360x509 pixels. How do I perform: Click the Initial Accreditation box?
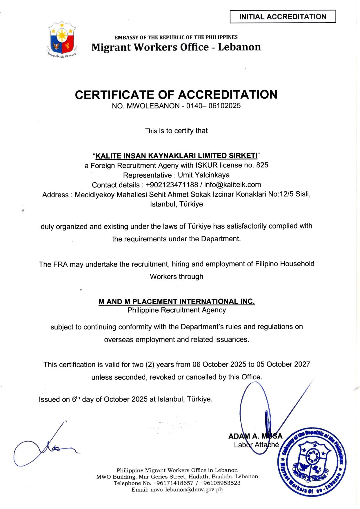(283, 17)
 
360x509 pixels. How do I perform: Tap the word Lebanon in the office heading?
(239, 47)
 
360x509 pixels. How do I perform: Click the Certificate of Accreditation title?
(176, 95)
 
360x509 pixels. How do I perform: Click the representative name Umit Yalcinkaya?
(204, 175)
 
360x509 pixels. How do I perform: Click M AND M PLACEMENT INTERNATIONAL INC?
(177, 302)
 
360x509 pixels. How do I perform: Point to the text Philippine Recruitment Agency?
(177, 310)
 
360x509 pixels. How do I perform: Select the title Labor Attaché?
(256, 445)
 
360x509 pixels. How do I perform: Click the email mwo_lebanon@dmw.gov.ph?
(177, 490)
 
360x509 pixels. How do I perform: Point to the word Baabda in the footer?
(222, 477)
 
